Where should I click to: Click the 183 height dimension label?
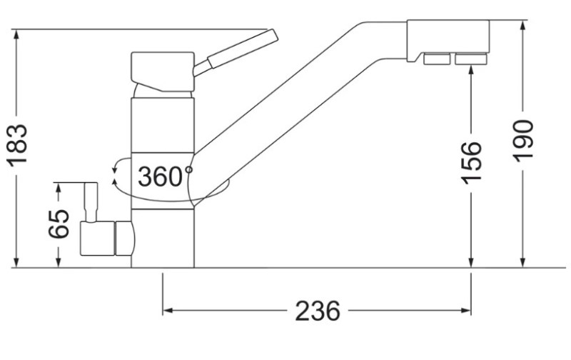pos(16,146)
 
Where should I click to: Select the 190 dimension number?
pos(523,141)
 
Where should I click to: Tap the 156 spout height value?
pos(471,163)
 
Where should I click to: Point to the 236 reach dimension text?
pos(318,311)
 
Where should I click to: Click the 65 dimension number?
pos(59,224)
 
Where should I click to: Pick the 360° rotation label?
pos(165,176)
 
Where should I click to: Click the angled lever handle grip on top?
pos(243,49)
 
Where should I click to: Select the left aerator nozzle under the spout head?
pos(437,59)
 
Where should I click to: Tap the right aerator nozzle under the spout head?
pos(471,59)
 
